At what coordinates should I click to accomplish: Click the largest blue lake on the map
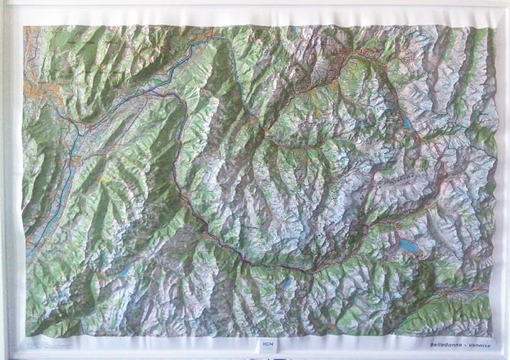410,246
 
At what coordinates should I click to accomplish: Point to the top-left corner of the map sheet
24,27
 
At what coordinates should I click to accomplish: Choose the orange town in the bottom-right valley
453,292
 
